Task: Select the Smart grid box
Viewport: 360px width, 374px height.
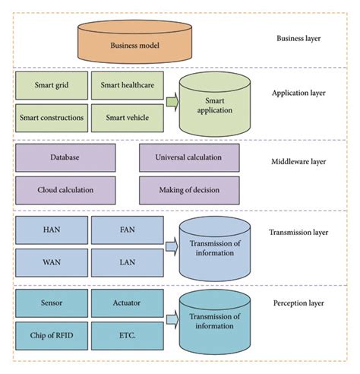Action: (49, 86)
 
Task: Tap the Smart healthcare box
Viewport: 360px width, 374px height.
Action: (127, 86)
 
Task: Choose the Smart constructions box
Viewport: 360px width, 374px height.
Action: (49, 117)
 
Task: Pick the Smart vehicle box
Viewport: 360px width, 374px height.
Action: (127, 117)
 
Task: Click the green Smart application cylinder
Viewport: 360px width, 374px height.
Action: (215, 104)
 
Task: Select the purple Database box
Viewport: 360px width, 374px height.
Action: (65, 157)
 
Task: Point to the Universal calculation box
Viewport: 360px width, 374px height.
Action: (188, 157)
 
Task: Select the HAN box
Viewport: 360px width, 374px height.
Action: (49, 230)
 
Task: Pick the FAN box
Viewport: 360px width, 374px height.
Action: (127, 230)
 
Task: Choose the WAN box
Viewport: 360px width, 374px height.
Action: (49, 261)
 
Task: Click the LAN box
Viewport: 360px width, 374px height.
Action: (127, 261)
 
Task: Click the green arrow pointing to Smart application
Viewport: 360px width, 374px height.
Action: (171, 101)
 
